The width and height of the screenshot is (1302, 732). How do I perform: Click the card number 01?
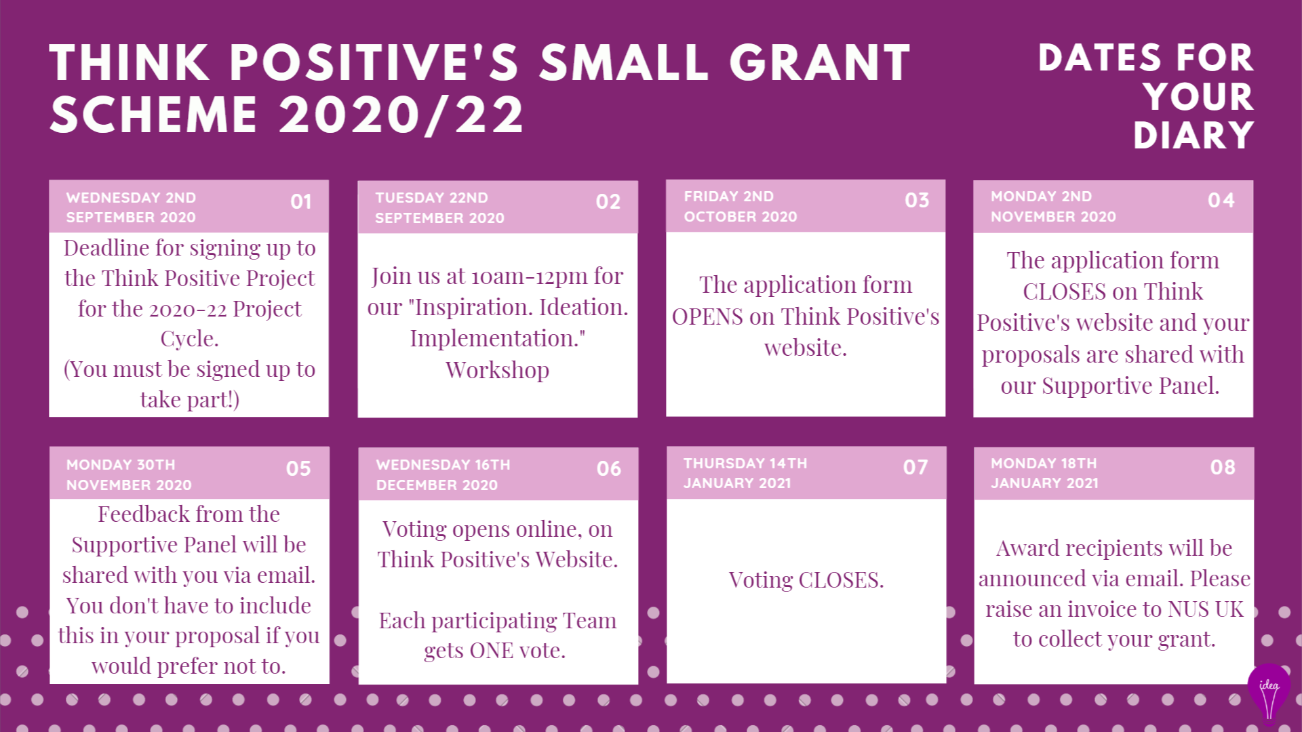[300, 201]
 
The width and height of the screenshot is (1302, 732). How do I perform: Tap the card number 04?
[1221, 200]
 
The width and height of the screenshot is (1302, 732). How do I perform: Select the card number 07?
[915, 467]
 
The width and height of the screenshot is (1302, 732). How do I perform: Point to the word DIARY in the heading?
[1193, 136]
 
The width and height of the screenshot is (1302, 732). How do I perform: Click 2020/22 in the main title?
[401, 115]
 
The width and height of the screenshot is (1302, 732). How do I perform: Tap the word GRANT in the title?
[820, 62]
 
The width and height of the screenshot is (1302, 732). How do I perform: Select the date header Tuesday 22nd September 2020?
[439, 207]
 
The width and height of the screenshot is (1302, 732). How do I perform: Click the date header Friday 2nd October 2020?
[741, 206]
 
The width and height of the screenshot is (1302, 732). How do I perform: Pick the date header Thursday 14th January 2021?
[745, 473]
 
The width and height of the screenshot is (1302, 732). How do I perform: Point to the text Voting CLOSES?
[806, 580]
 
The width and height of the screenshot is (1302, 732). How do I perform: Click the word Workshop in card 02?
[498, 370]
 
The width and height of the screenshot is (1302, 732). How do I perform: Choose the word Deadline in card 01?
[106, 248]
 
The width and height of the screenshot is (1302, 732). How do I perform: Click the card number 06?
[609, 468]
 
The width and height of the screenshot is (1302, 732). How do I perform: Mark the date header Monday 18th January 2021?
[1044, 473]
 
